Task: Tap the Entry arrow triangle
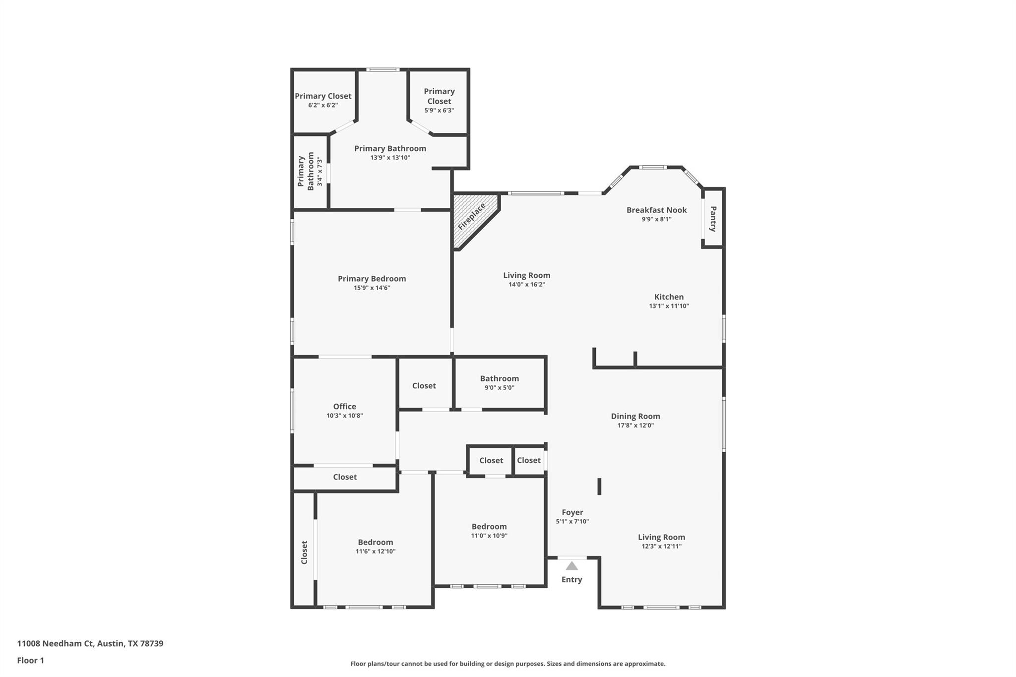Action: tap(572, 566)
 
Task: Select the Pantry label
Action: tap(713, 219)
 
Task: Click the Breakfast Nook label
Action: tap(656, 210)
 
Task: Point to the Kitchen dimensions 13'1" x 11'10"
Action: tap(669, 306)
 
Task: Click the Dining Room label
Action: tap(635, 416)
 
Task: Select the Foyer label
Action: tap(572, 512)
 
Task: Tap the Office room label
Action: tap(344, 406)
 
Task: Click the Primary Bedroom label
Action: tap(372, 279)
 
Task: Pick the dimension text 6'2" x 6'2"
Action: tap(323, 105)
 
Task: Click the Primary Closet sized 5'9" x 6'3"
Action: tap(439, 97)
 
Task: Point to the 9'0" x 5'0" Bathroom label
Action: tap(499, 378)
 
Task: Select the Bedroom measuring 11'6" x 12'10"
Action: tap(375, 542)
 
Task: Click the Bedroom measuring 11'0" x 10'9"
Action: tap(489, 527)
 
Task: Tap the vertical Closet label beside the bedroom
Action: tap(304, 552)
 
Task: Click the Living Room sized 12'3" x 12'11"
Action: tap(661, 537)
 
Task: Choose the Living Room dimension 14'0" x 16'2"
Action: tap(526, 285)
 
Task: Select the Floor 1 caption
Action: tap(31, 660)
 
